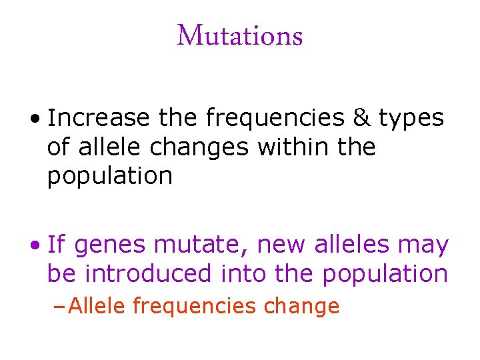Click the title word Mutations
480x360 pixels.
[x=240, y=36]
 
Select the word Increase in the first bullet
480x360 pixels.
[x=99, y=118]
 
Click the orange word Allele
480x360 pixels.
[x=98, y=306]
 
